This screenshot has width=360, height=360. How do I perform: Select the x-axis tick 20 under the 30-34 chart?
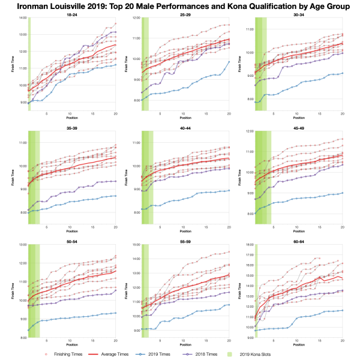[x=342, y=114]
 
